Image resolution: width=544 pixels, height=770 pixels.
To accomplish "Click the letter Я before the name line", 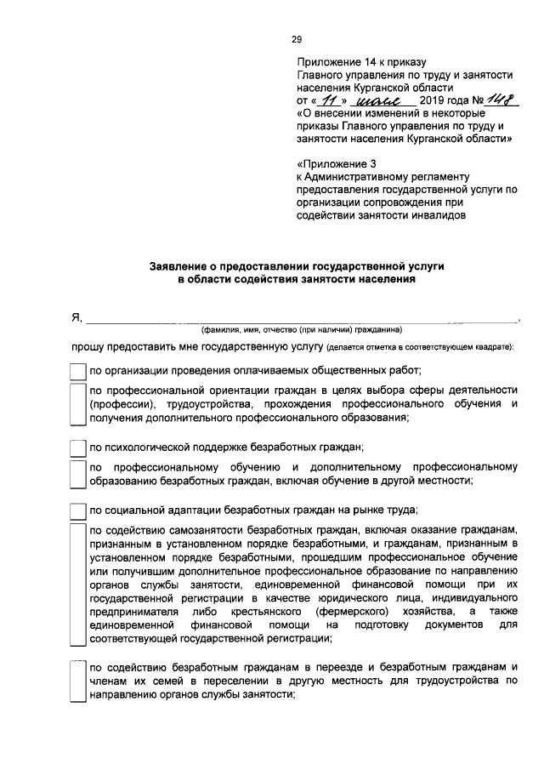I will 75,318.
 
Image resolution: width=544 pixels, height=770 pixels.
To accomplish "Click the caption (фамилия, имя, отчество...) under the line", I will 301,330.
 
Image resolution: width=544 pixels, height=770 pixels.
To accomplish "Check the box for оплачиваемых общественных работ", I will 77,370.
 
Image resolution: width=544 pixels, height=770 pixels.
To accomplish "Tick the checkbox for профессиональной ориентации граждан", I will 77,403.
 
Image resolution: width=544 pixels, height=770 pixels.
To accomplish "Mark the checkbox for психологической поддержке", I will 77,447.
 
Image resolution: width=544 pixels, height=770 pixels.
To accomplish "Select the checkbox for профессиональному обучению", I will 77,474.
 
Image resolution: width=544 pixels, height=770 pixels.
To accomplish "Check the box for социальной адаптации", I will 77,510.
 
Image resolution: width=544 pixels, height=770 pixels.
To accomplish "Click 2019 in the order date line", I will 433,103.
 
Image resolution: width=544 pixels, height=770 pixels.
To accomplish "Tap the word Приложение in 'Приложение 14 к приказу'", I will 330,63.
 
